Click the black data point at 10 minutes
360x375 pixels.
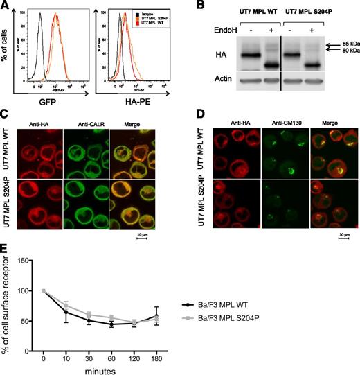66,312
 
